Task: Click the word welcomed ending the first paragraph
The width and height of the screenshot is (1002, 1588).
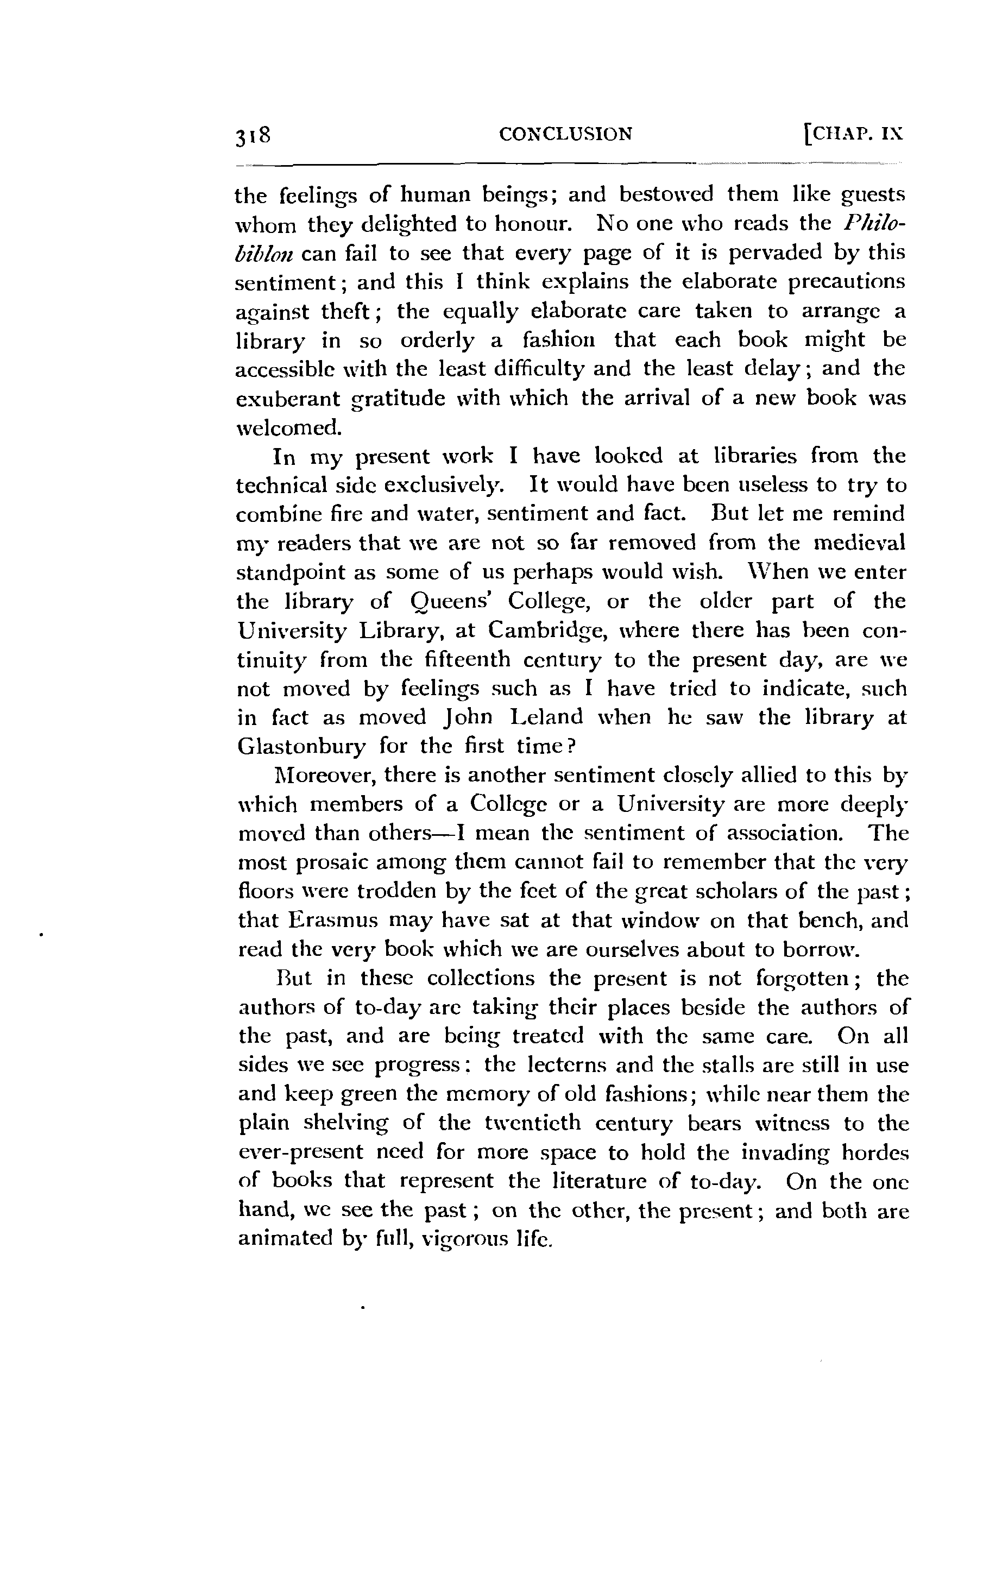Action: coord(289,428)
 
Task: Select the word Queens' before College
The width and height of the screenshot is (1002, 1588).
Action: coord(433,602)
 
